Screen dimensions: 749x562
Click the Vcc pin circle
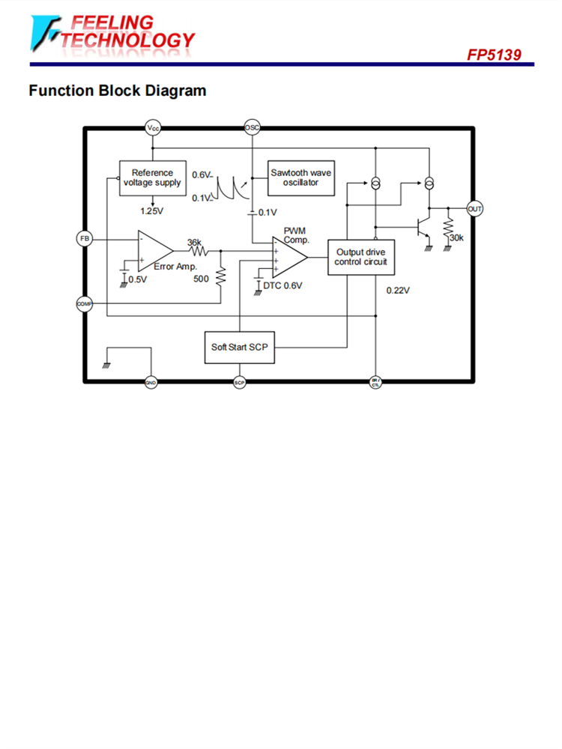153,128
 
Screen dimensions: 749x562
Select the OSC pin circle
253,128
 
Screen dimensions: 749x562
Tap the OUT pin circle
474,209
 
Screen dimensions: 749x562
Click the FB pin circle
84,238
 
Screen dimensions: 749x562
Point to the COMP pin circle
84,303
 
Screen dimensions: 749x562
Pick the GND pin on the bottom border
151,383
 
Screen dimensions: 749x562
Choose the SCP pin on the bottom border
240,383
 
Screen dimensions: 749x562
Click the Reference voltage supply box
152,178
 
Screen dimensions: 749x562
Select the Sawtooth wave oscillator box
300,178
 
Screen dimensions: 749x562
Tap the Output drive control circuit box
361,258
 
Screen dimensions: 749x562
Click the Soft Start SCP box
239,348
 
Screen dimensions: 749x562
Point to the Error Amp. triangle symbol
154,250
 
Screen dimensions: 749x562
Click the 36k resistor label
194,243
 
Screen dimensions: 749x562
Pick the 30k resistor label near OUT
456,238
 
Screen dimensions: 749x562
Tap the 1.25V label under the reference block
151,210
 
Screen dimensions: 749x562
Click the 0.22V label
398,290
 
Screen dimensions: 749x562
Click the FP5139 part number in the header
495,55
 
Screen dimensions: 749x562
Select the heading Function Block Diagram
117,91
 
